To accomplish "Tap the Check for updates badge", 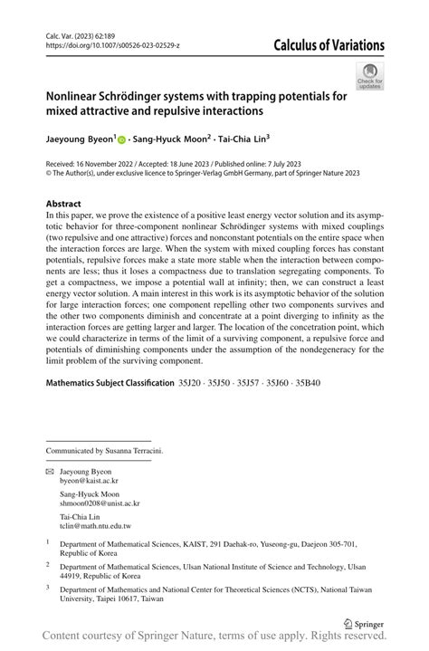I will click(x=369, y=76).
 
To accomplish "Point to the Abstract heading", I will click(x=63, y=204).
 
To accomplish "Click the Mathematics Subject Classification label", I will click(x=110, y=383).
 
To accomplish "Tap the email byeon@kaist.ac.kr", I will click(x=90, y=483).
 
